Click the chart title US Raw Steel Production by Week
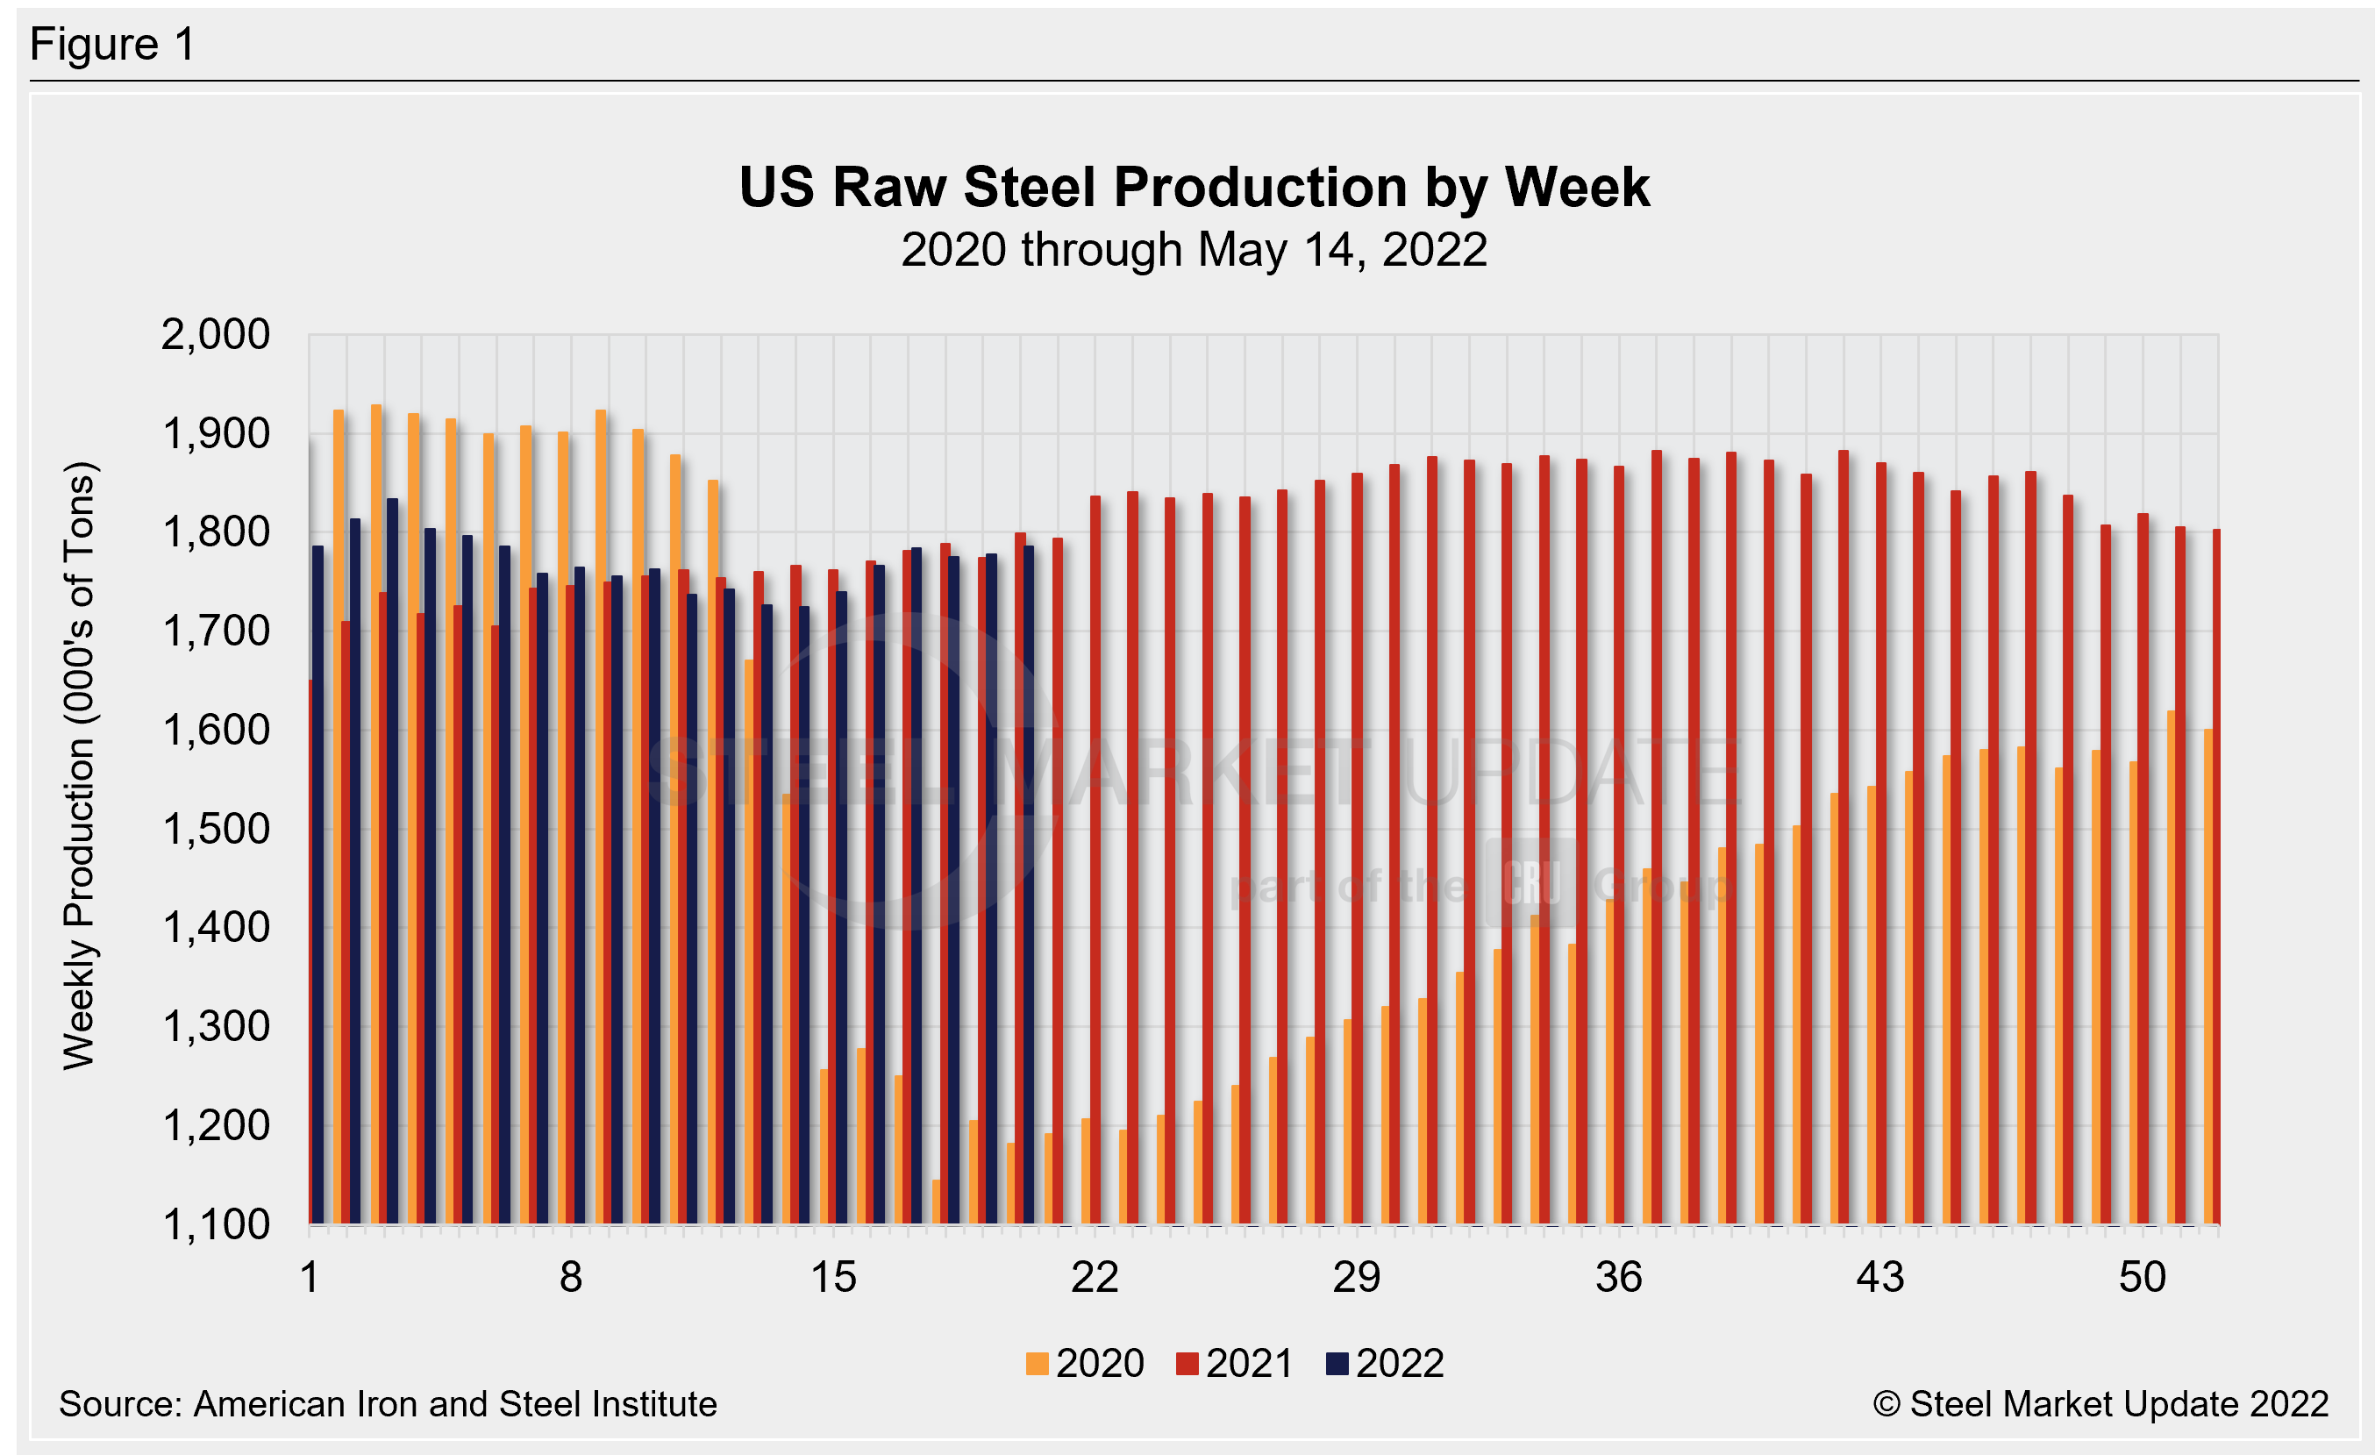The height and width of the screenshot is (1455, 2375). pos(1194,187)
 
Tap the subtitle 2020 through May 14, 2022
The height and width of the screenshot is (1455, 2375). pos(1194,251)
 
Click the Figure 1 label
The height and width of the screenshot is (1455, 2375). pos(113,45)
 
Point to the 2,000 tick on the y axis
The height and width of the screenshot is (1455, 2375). pos(215,335)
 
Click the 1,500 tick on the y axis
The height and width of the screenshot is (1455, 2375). pos(215,829)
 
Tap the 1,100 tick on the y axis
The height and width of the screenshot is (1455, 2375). pos(215,1224)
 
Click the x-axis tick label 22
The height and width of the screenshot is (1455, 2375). pos(1094,1278)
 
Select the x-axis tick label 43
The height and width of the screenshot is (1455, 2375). pos(1879,1278)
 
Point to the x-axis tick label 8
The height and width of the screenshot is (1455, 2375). pos(571,1278)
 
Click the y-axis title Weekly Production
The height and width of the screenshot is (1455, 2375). pos(79,766)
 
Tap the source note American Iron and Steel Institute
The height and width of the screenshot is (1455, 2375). pos(388,1404)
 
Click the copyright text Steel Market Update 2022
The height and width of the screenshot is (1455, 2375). pos(2100,1404)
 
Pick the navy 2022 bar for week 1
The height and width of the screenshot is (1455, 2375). pos(318,887)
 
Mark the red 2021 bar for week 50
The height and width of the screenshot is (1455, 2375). pos(2143,867)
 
